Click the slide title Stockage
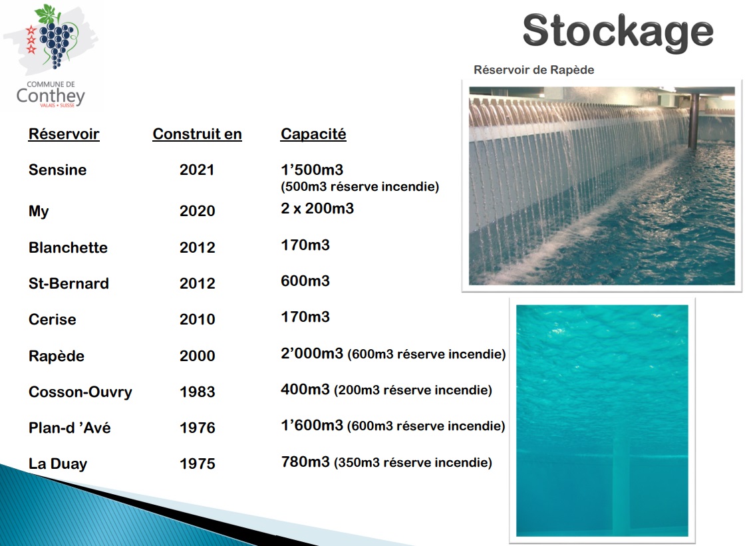point(617,31)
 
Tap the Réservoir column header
point(64,134)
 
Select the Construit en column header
point(198,134)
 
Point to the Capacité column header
point(313,134)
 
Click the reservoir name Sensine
point(58,170)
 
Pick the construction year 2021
point(197,170)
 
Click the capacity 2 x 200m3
point(317,208)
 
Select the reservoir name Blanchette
point(68,247)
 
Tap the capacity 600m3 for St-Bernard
point(305,281)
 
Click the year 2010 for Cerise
point(198,319)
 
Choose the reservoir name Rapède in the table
point(57,356)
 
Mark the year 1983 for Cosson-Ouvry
point(198,392)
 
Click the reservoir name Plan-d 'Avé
point(70,428)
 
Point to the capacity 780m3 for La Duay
point(305,462)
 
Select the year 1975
point(198,464)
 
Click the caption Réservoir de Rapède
point(534,70)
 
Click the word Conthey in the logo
point(51,96)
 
